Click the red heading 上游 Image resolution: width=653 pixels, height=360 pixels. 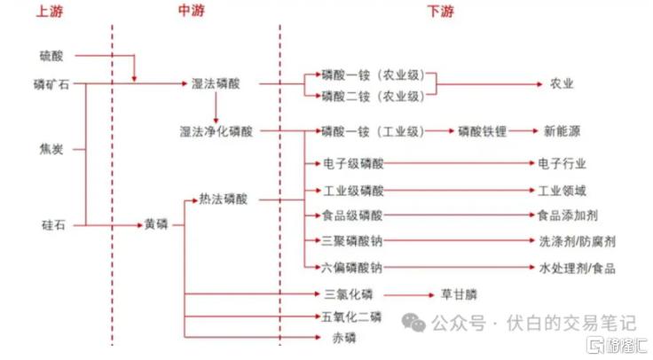click(x=50, y=12)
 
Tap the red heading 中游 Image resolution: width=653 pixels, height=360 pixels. click(x=192, y=11)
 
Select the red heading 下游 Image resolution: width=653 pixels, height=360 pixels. click(x=441, y=12)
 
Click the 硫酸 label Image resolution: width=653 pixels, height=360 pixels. click(x=51, y=56)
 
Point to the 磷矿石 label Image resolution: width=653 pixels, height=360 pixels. click(x=51, y=84)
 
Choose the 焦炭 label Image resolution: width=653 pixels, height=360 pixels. click(x=51, y=149)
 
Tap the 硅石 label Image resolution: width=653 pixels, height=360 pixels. click(x=54, y=225)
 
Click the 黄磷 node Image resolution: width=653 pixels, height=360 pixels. click(x=156, y=224)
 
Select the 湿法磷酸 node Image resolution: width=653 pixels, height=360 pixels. click(x=216, y=83)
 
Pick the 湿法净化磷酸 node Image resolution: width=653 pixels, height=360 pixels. click(x=216, y=131)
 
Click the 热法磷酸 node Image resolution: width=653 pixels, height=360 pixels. click(x=224, y=199)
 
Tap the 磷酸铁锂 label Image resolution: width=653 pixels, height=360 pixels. click(x=483, y=131)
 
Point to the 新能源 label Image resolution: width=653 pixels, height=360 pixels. click(x=563, y=131)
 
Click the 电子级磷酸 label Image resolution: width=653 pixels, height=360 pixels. click(x=354, y=163)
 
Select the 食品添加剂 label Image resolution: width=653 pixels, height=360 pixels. click(x=568, y=215)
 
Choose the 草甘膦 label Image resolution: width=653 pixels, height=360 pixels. click(x=459, y=294)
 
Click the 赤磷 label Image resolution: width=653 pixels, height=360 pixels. click(x=344, y=338)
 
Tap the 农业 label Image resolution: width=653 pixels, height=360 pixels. click(x=562, y=83)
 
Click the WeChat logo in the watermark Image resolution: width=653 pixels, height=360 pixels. click(x=413, y=323)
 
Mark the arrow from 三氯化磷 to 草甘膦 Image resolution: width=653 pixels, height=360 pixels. click(x=409, y=295)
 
